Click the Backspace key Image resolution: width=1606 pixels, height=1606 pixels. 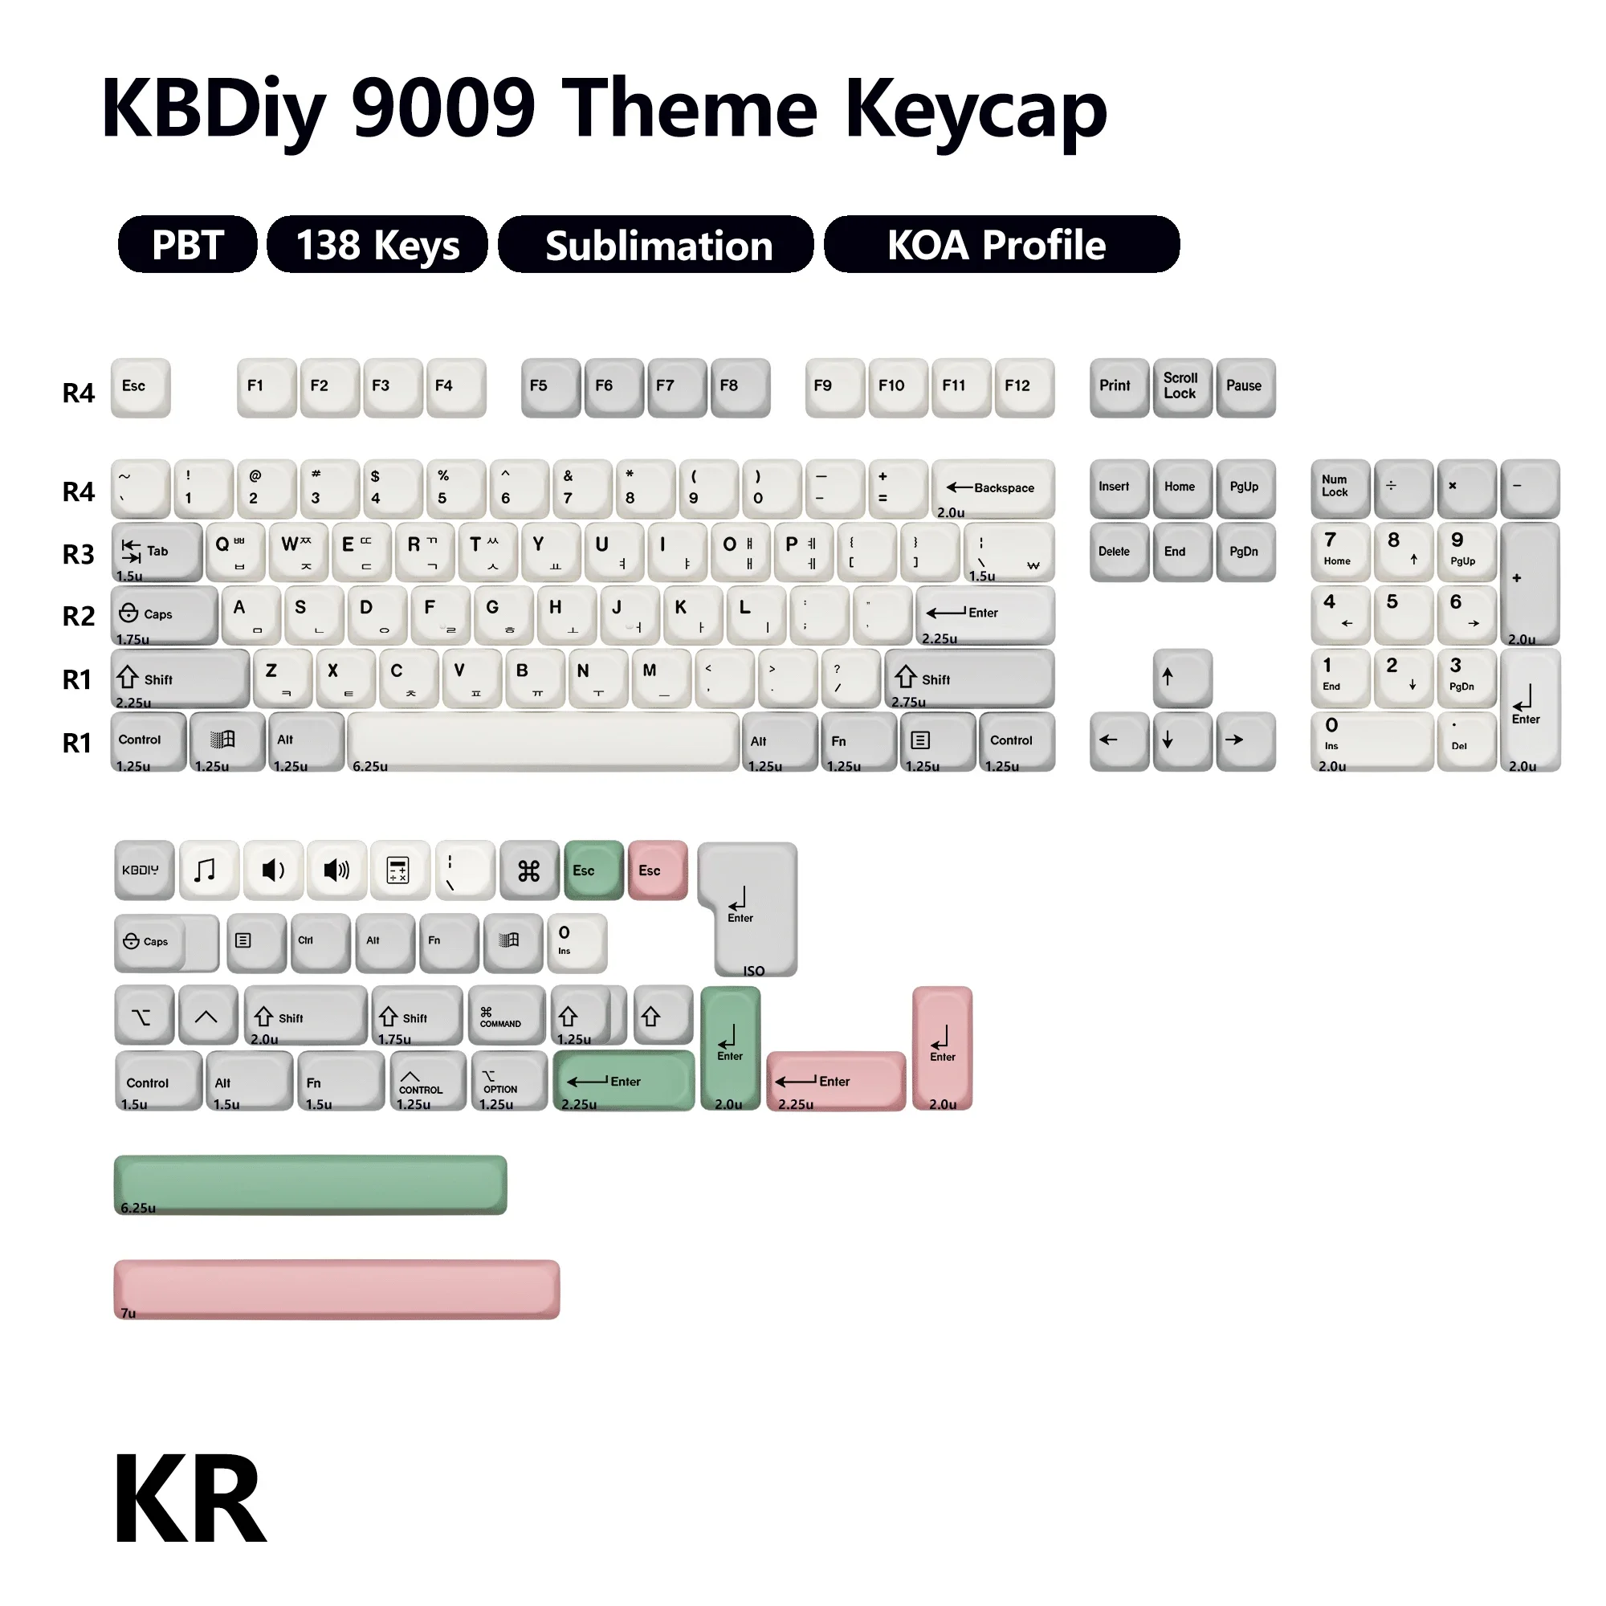coord(993,489)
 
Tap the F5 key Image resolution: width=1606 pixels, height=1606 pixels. coord(550,386)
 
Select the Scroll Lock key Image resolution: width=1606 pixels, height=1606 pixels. coord(1181,386)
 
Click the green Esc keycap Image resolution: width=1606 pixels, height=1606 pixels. coord(593,870)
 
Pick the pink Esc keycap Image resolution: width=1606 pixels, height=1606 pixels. coord(658,870)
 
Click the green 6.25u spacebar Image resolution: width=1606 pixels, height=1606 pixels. coord(310,1184)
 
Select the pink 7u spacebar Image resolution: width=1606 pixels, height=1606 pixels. coord(336,1290)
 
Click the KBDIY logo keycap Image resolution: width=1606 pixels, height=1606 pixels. coord(144,870)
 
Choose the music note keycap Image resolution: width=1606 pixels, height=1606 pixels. coord(209,870)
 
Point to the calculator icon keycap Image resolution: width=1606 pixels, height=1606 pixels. coord(399,870)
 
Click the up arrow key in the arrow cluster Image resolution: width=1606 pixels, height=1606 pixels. coord(1181,678)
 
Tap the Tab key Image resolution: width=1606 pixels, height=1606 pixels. coord(157,551)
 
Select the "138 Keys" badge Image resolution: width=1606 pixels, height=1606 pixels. coord(377,245)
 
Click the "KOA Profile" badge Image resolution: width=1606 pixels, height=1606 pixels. coord(1001,245)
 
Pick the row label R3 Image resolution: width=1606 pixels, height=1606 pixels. coord(78,554)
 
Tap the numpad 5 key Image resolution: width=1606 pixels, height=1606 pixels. coord(1402,614)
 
